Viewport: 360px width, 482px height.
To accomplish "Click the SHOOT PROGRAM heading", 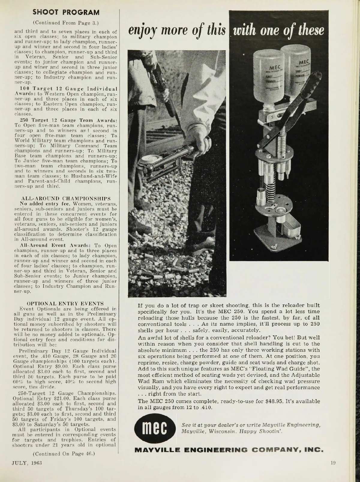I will point(66,13).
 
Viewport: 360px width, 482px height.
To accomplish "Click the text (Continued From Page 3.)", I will point(66,22).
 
